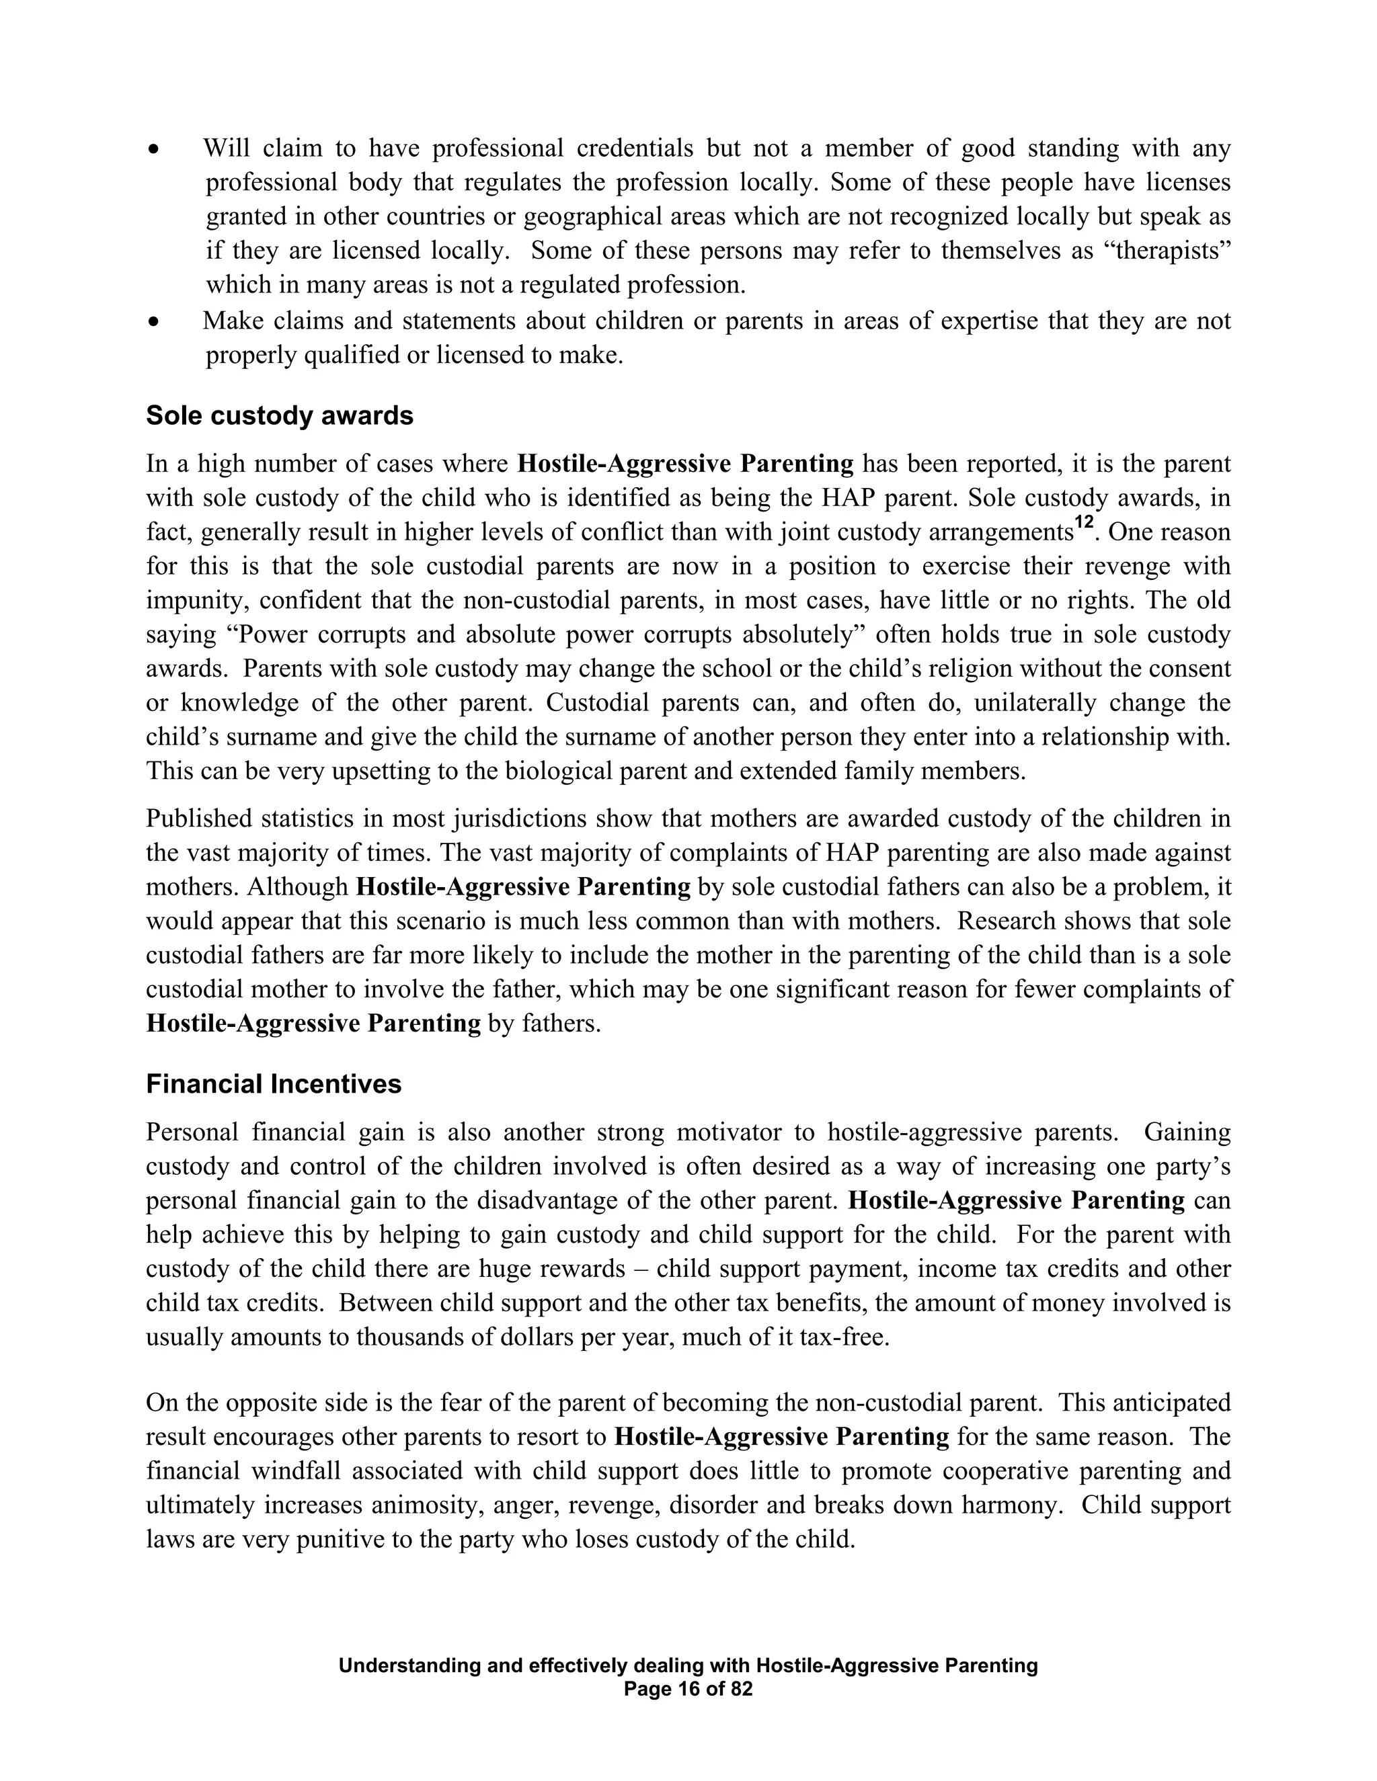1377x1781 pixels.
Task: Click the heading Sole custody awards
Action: pos(279,416)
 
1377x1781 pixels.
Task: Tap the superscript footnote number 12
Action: pos(1083,523)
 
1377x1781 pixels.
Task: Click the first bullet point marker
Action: pos(153,150)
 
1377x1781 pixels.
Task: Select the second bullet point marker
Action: pos(153,322)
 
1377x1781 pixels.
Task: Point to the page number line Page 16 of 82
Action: pos(688,1689)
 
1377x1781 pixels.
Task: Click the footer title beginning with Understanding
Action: pos(688,1665)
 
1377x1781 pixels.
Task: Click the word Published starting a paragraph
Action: pos(198,819)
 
